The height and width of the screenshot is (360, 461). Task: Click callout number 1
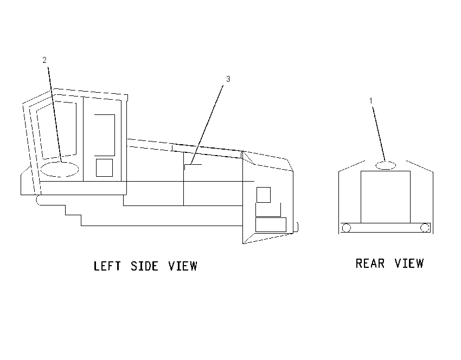click(371, 101)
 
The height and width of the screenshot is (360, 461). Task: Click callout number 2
click(44, 60)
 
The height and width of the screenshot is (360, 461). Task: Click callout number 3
click(228, 79)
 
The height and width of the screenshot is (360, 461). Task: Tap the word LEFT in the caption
click(107, 266)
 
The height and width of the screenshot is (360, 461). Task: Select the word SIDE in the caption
click(144, 266)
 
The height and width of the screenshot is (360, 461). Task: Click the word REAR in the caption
click(370, 263)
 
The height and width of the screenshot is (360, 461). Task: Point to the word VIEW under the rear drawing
click(409, 263)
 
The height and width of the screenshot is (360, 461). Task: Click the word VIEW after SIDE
click(183, 266)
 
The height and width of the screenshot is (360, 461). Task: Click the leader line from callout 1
click(379, 134)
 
